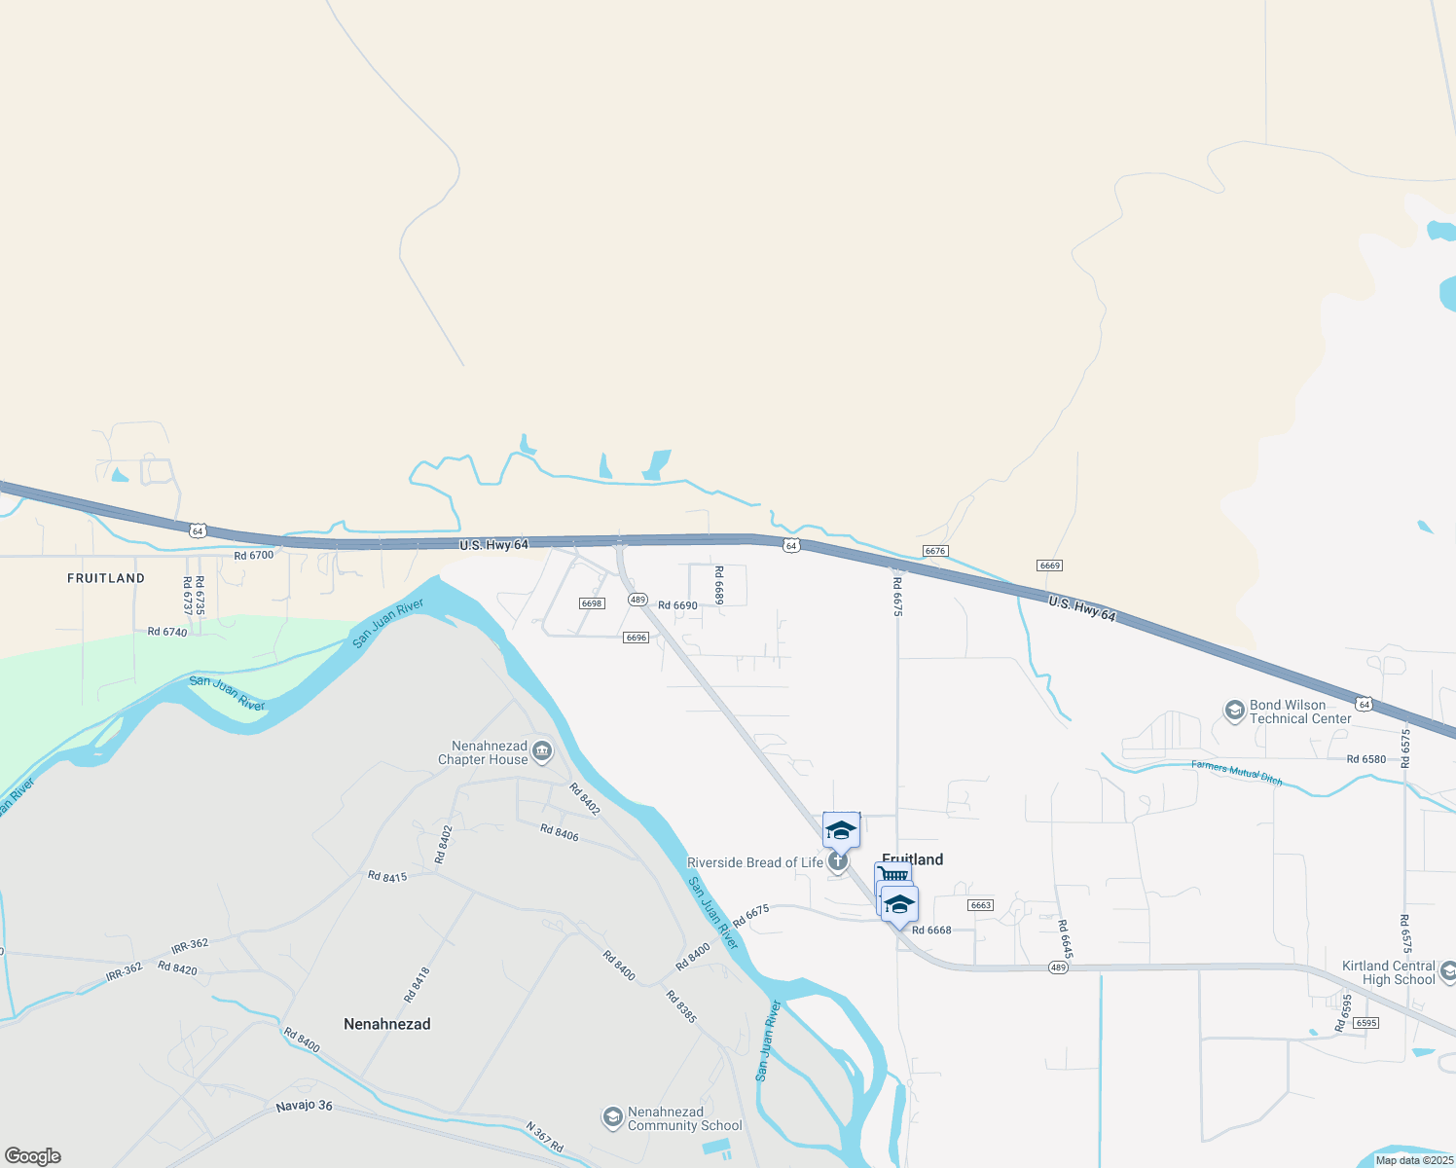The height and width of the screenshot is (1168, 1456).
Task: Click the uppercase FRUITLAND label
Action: [106, 578]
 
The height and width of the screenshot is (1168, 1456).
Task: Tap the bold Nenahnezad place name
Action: [386, 1024]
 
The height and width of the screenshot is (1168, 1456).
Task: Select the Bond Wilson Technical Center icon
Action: [1235, 712]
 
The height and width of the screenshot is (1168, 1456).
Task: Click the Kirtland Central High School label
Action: [1388, 972]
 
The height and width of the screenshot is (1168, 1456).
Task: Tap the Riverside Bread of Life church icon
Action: [838, 862]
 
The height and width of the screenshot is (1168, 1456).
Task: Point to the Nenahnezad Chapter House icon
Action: [542, 751]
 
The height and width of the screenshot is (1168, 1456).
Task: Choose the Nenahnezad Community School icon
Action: [612, 1117]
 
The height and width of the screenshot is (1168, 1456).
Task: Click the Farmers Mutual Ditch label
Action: [1236, 773]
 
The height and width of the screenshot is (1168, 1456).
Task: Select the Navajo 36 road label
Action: [304, 1106]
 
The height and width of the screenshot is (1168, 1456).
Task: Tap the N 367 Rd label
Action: [544, 1138]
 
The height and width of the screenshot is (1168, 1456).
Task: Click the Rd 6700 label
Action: [254, 556]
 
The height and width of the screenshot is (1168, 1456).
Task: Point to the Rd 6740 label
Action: [167, 632]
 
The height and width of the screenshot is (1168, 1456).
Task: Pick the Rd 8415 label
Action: [387, 877]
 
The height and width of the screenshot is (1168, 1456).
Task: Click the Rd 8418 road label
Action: [417, 984]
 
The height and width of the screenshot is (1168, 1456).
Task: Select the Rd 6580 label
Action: [1366, 759]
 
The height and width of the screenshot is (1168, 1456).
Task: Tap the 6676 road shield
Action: [935, 551]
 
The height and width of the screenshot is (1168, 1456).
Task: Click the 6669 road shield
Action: [1049, 566]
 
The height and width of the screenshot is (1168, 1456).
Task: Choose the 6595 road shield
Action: [1366, 1023]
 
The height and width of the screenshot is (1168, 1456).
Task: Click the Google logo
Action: [33, 1156]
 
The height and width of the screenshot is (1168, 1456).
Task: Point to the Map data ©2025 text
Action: [1414, 1160]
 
